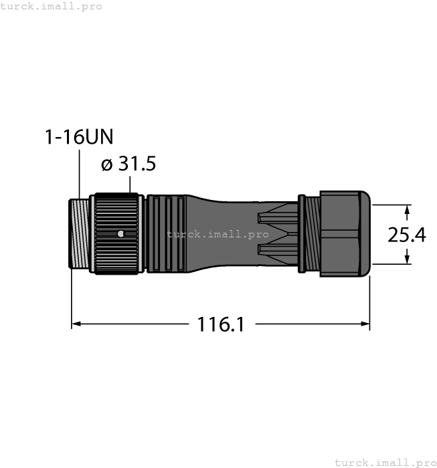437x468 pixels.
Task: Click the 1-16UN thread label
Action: [x=78, y=137]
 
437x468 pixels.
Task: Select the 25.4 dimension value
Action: [x=407, y=235]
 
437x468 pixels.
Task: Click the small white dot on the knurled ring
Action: [x=119, y=233]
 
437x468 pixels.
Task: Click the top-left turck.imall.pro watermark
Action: [x=52, y=6]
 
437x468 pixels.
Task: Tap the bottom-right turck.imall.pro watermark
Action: [x=384, y=462]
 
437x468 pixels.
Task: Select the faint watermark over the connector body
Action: [x=218, y=235]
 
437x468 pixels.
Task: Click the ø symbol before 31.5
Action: [x=106, y=164]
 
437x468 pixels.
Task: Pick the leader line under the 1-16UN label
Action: [x=80, y=174]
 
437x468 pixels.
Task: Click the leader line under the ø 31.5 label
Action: [x=131, y=185]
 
